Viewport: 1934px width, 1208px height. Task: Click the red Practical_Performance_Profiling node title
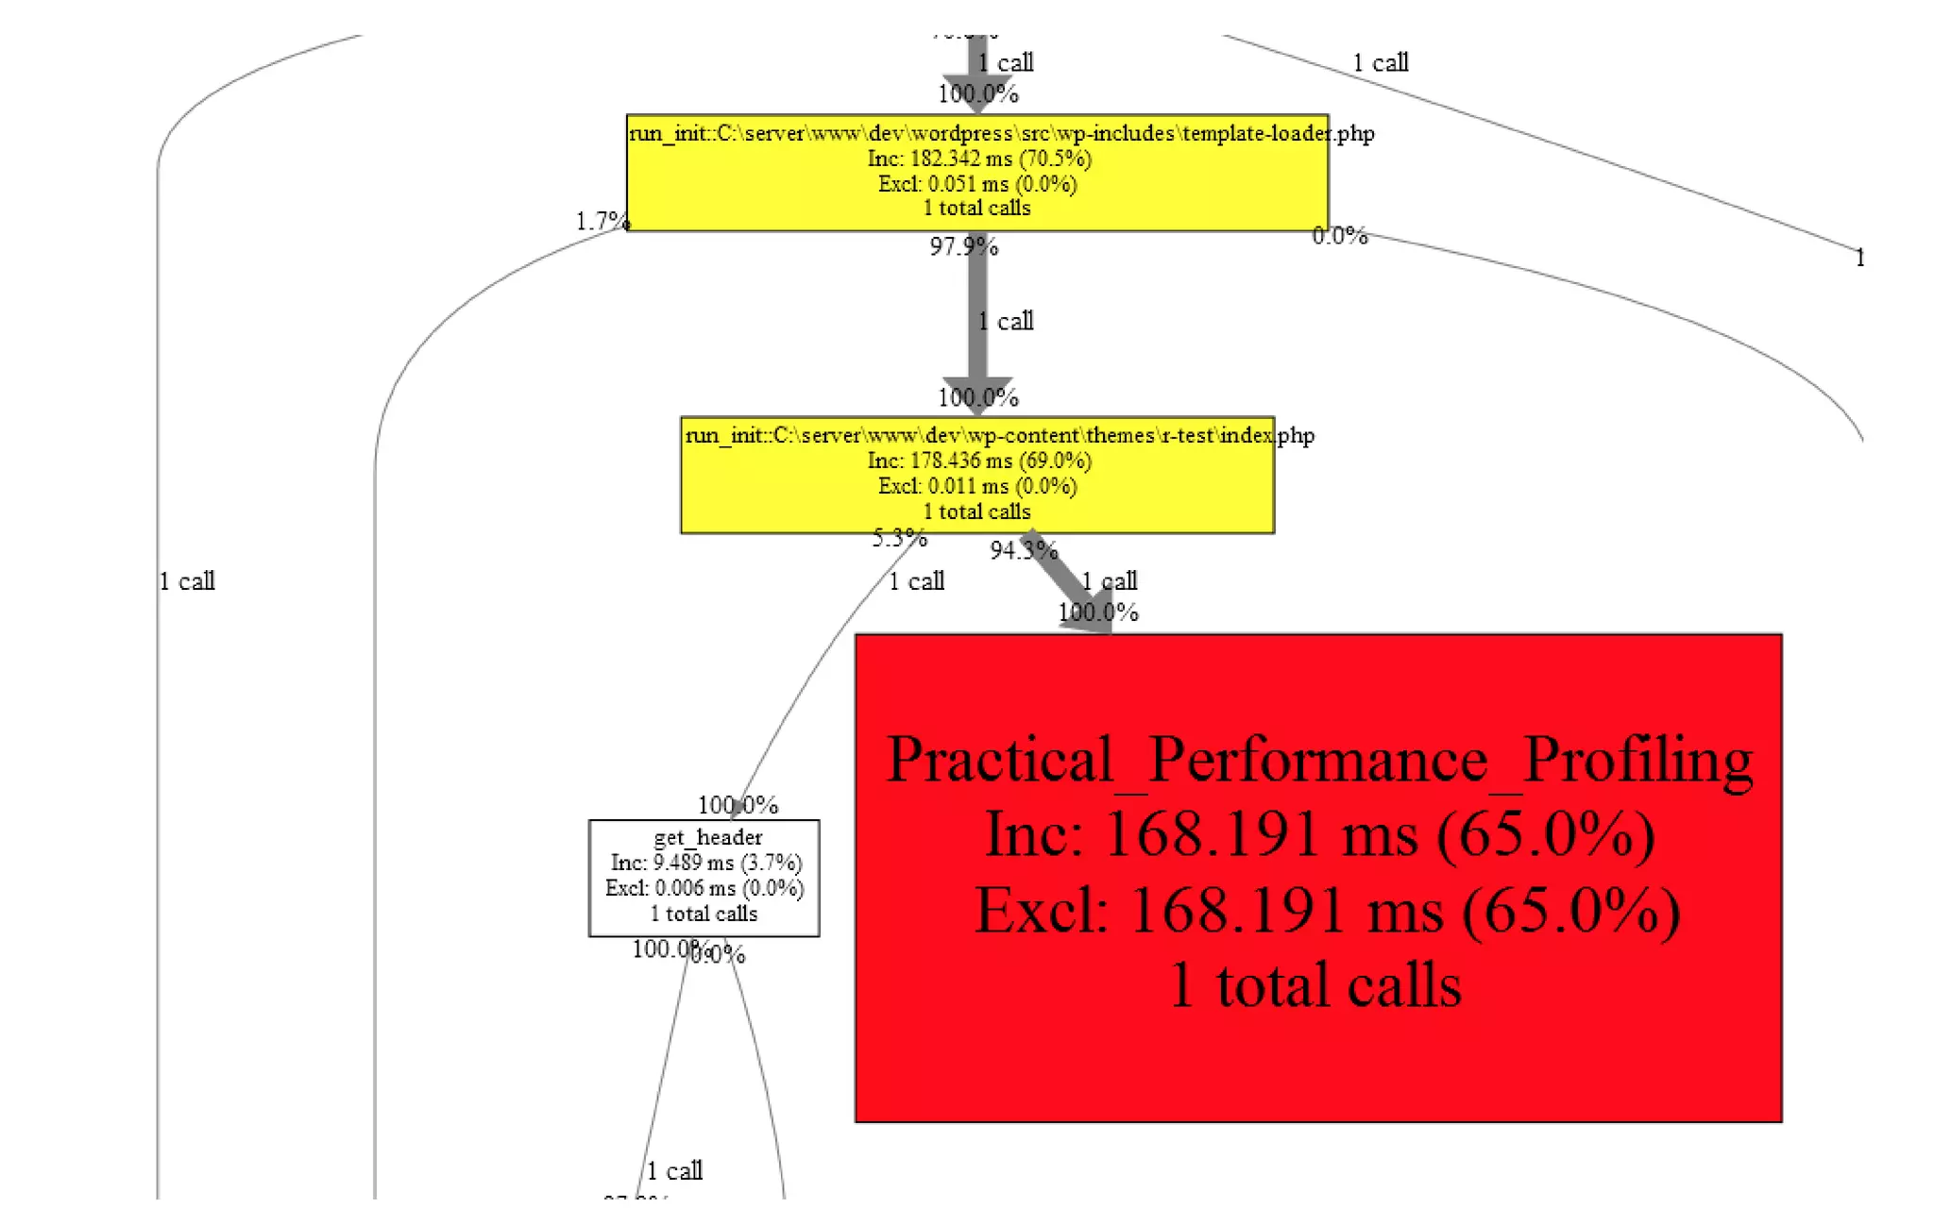pos(1319,760)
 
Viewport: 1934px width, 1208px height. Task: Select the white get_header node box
pos(704,877)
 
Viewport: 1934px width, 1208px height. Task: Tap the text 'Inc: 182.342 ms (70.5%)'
pos(979,159)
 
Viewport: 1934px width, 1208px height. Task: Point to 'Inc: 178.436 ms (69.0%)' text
pos(979,461)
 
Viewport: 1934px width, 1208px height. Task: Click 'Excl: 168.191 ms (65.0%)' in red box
pos(1327,911)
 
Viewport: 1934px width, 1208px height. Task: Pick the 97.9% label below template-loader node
pos(963,246)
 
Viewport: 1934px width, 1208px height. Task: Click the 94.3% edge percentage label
pos(1023,550)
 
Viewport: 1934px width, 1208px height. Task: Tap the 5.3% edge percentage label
pos(899,538)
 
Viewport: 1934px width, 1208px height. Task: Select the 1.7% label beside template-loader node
pos(602,221)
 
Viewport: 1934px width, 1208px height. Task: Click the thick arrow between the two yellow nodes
pos(977,321)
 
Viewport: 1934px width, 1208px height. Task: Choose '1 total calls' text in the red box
pos(1315,985)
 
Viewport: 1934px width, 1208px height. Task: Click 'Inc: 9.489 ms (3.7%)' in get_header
pos(705,863)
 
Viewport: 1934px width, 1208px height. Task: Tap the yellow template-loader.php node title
pos(1001,133)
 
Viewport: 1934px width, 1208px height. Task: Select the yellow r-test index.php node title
pos(999,435)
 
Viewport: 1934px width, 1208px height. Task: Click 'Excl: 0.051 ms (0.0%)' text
pos(977,184)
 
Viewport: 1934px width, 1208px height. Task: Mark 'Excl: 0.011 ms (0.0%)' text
pos(977,486)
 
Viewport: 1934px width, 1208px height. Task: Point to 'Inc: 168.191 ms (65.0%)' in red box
pos(1319,835)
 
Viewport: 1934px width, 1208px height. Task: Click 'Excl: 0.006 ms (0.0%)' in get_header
pos(704,888)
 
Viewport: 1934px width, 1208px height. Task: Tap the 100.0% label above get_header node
pos(738,805)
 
